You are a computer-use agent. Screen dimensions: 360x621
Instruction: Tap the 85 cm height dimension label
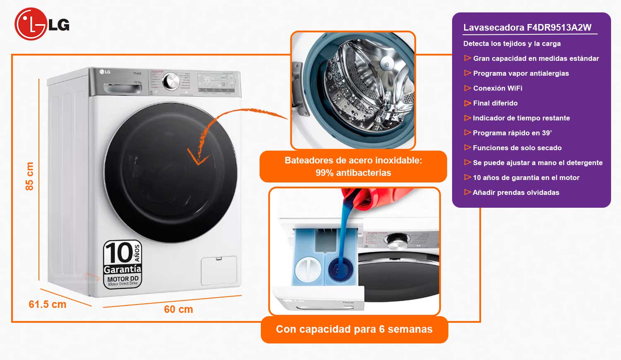[x=29, y=176]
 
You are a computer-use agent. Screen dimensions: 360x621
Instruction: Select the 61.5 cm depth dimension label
[x=47, y=305]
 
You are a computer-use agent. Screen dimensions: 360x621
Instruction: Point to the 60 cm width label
[x=178, y=310]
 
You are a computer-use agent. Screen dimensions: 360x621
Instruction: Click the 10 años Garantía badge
[x=123, y=264]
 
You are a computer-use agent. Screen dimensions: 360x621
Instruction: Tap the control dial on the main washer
[x=171, y=82]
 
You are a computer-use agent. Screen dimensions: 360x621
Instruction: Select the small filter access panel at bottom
[x=219, y=270]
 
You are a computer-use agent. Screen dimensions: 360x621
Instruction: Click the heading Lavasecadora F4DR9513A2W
[x=527, y=28]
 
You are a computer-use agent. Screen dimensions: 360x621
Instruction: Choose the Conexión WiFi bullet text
[x=497, y=88]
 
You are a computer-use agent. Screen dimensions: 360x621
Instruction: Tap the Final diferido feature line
[x=495, y=103]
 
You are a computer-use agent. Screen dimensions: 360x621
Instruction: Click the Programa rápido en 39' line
[x=512, y=133]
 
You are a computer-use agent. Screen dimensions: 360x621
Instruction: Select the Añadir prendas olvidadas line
[x=516, y=192]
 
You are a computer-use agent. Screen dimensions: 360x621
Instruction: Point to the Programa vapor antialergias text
[x=521, y=73]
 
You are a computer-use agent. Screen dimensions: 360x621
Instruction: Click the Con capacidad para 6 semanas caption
[x=354, y=329]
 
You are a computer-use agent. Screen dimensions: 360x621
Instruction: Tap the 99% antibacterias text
[x=353, y=173]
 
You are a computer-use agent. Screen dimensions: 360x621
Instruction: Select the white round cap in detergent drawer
[x=307, y=269]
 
